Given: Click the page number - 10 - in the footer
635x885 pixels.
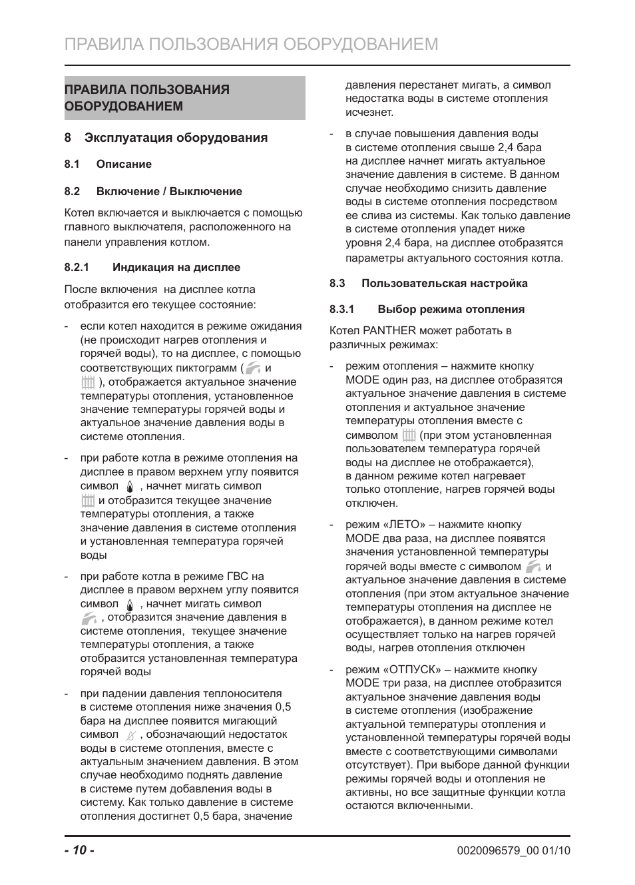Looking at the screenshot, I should coord(79,850).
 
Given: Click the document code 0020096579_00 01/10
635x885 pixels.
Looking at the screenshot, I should coord(513,850).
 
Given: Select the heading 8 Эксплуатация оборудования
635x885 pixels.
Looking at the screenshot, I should coord(166,138).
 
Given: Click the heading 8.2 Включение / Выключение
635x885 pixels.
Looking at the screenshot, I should coord(153,191).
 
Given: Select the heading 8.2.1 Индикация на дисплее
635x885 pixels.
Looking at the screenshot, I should coord(152,267).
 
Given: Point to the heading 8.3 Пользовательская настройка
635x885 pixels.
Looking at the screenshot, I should coord(428,283).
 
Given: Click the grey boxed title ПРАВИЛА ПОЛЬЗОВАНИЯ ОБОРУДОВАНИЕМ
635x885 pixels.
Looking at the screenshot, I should coord(184,98).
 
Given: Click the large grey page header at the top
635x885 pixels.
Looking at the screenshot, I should coord(252,44).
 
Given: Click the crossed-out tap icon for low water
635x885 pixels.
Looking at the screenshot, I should coord(130,735).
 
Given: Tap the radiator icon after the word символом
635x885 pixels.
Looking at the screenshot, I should coord(409,436).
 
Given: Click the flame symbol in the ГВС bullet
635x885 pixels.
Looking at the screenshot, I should coord(130,605).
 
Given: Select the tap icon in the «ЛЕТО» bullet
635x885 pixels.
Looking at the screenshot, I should coord(532,567).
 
